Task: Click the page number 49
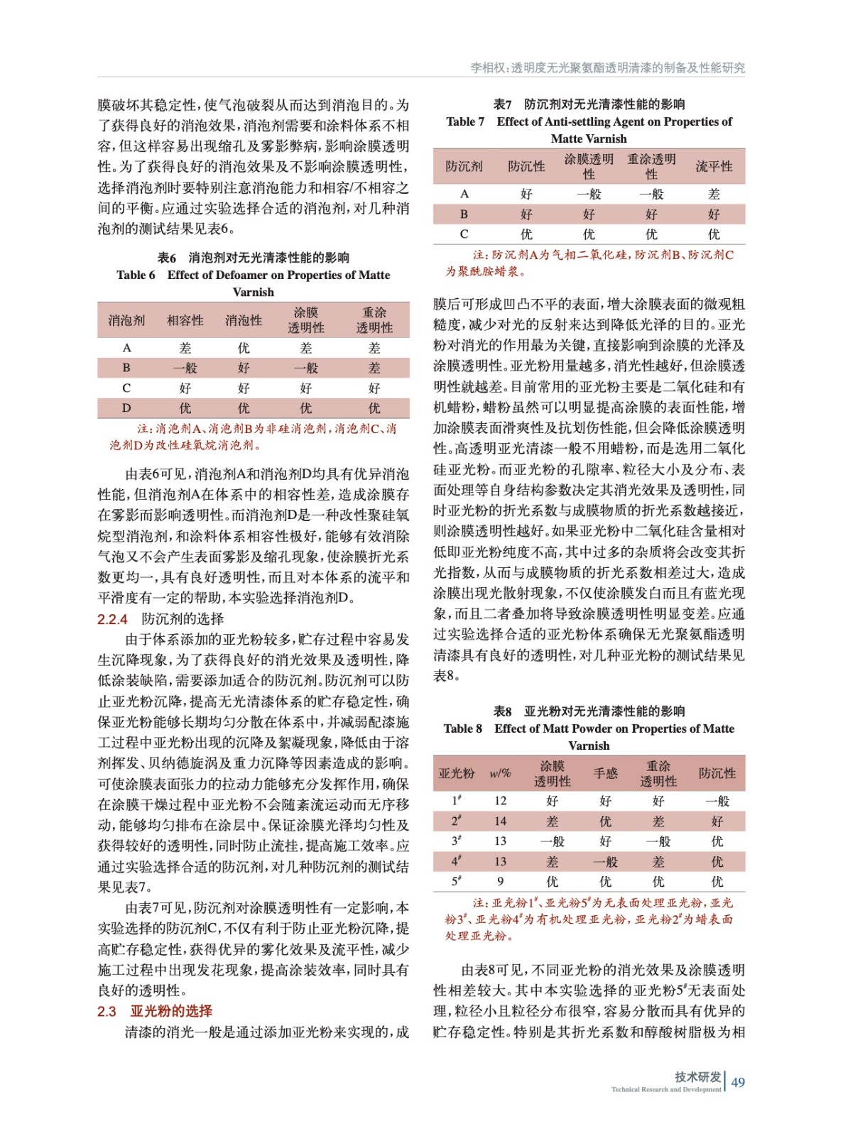point(738,1082)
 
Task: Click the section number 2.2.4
point(112,619)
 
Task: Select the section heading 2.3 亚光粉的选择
point(155,1011)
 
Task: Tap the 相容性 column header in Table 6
point(185,320)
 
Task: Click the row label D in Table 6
point(126,408)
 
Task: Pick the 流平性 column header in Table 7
point(714,166)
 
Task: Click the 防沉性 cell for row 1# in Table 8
point(717,801)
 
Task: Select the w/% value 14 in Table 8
point(500,821)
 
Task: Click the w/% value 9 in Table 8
point(500,882)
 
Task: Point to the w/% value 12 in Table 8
point(500,801)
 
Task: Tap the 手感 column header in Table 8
point(605,773)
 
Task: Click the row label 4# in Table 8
point(457,861)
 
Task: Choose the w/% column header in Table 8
point(500,773)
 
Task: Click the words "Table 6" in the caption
point(136,275)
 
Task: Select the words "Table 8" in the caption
point(462,728)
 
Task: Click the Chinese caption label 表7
point(502,104)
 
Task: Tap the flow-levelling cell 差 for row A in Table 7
point(714,194)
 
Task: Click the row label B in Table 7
point(464,214)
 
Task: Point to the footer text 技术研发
point(698,1077)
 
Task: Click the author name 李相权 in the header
point(486,67)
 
